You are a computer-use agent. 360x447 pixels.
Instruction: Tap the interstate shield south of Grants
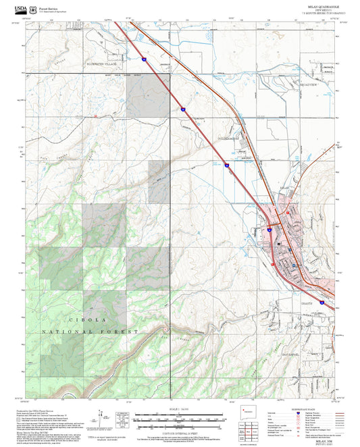click(322, 302)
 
